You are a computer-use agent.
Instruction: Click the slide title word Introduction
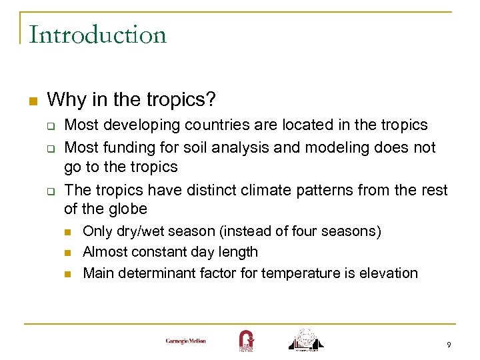coord(97,35)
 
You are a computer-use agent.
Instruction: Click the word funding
coord(124,147)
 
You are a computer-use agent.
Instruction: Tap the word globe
coord(128,209)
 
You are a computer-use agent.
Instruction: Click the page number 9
coord(449,345)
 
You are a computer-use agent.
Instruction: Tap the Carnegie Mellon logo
coord(186,341)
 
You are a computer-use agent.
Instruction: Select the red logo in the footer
coord(245,340)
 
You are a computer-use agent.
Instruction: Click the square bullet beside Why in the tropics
coord(31,101)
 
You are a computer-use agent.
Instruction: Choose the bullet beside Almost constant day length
coord(68,253)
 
